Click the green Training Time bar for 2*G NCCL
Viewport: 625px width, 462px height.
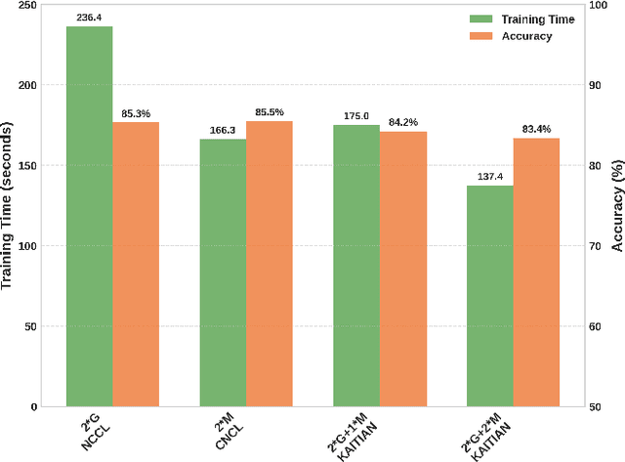89,216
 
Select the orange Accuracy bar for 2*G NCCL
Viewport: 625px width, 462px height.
136,264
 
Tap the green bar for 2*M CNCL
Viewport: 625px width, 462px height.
223,273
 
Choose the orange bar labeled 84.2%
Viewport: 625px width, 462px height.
402,269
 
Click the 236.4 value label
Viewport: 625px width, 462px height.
89,17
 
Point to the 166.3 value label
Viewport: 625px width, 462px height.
223,130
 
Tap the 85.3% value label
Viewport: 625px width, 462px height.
136,113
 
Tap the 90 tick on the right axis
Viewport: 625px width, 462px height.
598,86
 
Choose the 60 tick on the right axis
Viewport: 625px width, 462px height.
598,326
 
